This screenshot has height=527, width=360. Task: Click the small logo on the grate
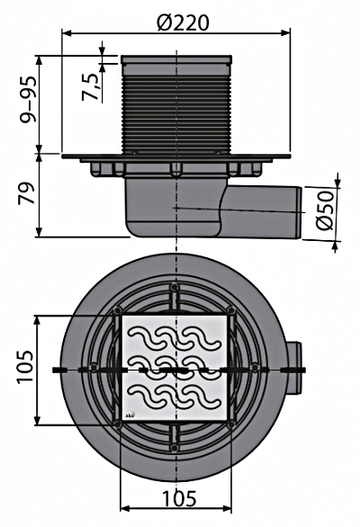[x=131, y=415]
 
